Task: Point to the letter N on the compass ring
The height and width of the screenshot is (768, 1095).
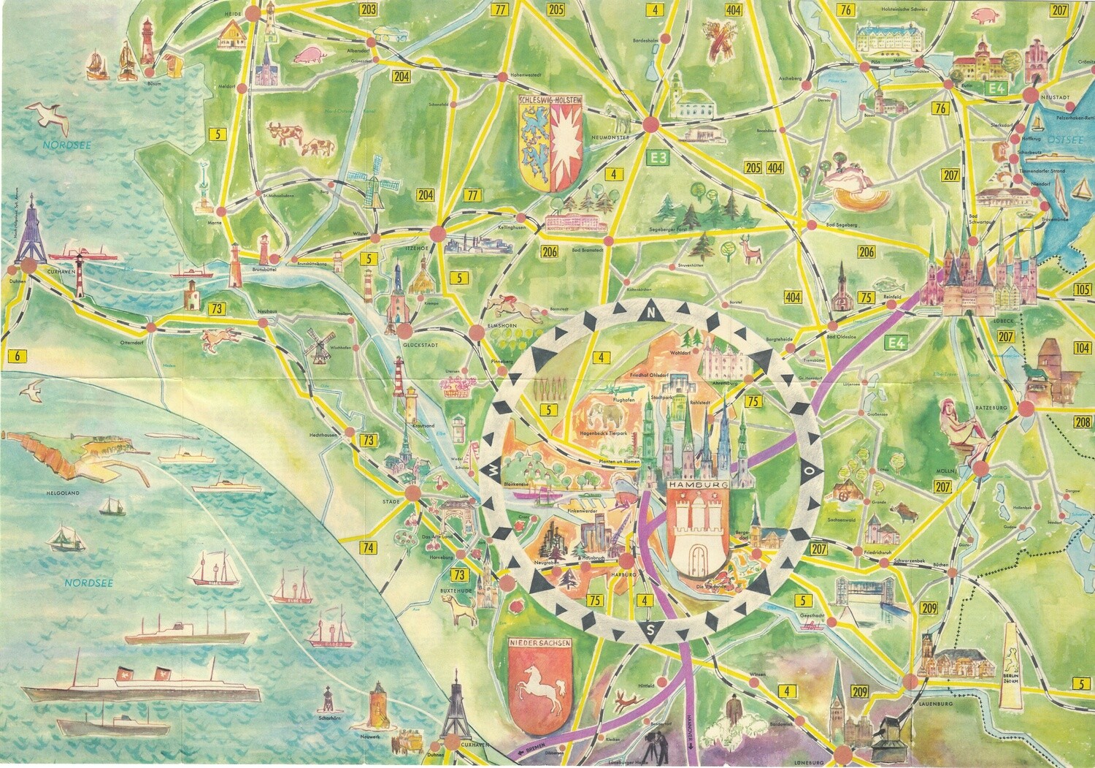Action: point(648,313)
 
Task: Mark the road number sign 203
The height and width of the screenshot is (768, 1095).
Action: point(369,9)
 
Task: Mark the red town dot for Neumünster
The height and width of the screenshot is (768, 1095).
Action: point(649,126)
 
